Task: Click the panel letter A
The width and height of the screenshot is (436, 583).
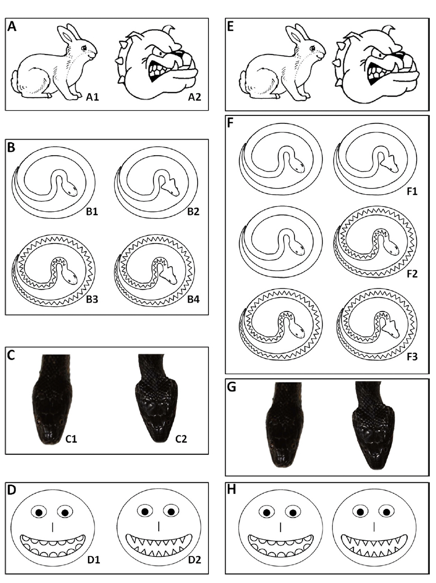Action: pyautogui.click(x=12, y=27)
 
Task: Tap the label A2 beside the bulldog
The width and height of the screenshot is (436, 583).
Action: pyautogui.click(x=194, y=97)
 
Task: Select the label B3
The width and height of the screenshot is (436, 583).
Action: pyautogui.click(x=92, y=300)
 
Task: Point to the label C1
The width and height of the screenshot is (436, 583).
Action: pyautogui.click(x=71, y=439)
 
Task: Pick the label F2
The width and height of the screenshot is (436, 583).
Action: pyautogui.click(x=412, y=274)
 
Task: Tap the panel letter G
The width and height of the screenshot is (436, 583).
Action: pyautogui.click(x=232, y=387)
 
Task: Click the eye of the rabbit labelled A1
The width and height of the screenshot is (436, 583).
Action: pyautogui.click(x=84, y=48)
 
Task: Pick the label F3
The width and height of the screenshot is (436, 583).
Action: pyautogui.click(x=412, y=357)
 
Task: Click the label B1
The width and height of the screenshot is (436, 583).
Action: pyautogui.click(x=92, y=212)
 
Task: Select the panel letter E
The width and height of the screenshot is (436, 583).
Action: pyautogui.click(x=230, y=27)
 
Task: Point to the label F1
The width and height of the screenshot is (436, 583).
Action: pyautogui.click(x=412, y=191)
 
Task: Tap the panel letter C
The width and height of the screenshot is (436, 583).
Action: pyautogui.click(x=11, y=356)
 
